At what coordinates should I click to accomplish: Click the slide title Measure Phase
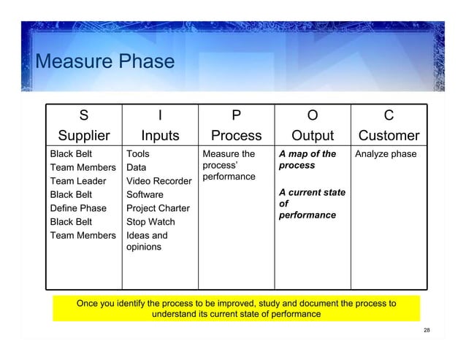104,62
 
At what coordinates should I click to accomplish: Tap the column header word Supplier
84,136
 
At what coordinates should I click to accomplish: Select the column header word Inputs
160,136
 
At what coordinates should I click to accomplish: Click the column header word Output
312,136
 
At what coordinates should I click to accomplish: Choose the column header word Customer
389,136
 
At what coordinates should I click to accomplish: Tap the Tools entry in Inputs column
139,154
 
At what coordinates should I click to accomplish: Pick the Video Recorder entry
159,181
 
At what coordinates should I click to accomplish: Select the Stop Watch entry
150,222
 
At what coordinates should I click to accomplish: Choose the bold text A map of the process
307,160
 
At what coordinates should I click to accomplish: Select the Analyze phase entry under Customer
385,154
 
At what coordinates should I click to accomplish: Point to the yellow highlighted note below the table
236,308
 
